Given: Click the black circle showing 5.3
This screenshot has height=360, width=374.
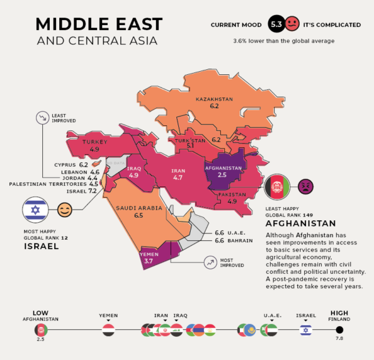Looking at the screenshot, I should pos(276,25).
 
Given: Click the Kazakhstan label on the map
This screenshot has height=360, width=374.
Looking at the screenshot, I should pos(214,99).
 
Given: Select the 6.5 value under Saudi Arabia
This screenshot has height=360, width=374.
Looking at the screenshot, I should pos(138,215).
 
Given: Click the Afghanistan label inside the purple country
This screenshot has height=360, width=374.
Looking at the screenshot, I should pos(223,168).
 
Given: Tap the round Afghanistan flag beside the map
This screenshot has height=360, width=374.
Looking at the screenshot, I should pos(277,186).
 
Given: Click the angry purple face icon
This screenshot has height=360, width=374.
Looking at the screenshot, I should pos(305,185).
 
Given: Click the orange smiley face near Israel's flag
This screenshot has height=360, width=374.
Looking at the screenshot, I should pos(64,210).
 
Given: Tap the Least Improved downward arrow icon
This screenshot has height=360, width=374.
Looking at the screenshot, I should pos(43,117).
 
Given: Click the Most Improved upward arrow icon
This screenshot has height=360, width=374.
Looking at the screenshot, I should pos(210,263).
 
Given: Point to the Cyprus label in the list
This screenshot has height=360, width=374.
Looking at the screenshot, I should pos(64,165).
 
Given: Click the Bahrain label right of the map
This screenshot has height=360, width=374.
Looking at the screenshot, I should pos(240,240).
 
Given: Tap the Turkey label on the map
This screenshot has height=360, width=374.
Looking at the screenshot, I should pos(95,142).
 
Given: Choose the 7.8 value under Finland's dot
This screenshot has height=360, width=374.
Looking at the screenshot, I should pos(339,339).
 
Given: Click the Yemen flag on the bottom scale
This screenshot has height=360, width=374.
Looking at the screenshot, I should pos(108,330).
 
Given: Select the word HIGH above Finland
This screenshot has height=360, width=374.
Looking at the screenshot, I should pos(339,313).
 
